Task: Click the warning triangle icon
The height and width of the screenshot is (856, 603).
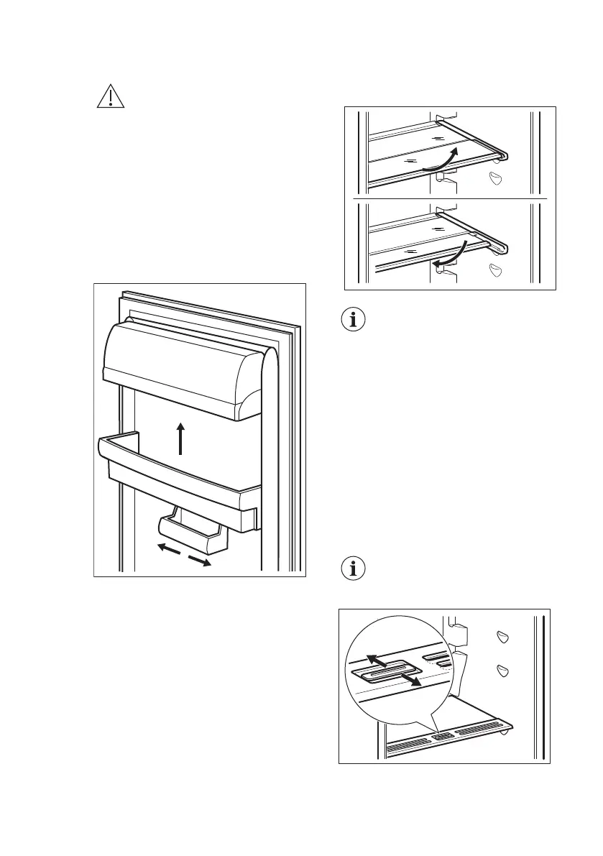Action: pos(110,96)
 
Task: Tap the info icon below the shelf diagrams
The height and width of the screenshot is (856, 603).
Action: pos(352,321)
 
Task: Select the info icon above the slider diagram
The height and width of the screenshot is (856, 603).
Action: pos(352,569)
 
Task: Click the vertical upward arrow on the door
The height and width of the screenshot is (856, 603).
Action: pos(180,438)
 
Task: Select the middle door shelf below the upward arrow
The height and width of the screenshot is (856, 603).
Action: pos(180,474)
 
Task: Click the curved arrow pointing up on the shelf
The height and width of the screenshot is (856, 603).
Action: pos(440,159)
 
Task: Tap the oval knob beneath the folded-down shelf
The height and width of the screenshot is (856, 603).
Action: pos(495,271)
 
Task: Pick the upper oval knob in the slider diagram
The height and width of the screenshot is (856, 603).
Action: pos(503,637)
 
